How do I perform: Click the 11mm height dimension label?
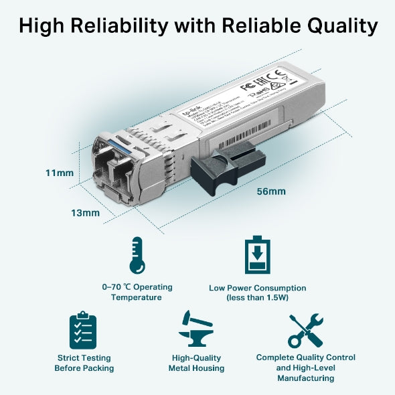click(x=60, y=173)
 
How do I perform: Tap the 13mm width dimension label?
click(x=86, y=213)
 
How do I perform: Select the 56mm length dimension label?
click(x=271, y=191)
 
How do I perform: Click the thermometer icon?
click(x=137, y=256)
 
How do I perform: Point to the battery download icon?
click(x=258, y=255)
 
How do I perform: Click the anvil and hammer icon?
click(x=195, y=329)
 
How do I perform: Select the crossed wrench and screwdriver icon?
click(x=305, y=331)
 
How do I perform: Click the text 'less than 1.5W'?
click(x=258, y=297)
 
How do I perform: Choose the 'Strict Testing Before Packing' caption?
click(x=84, y=363)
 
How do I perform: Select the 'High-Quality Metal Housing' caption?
click(x=196, y=363)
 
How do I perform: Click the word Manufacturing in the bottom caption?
click(x=305, y=378)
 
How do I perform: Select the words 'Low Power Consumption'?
click(x=258, y=288)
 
